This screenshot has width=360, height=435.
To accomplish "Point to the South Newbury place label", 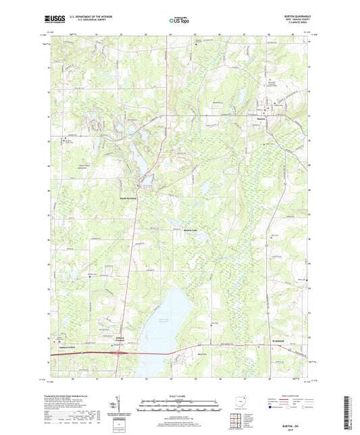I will pyautogui.click(x=129, y=198).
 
